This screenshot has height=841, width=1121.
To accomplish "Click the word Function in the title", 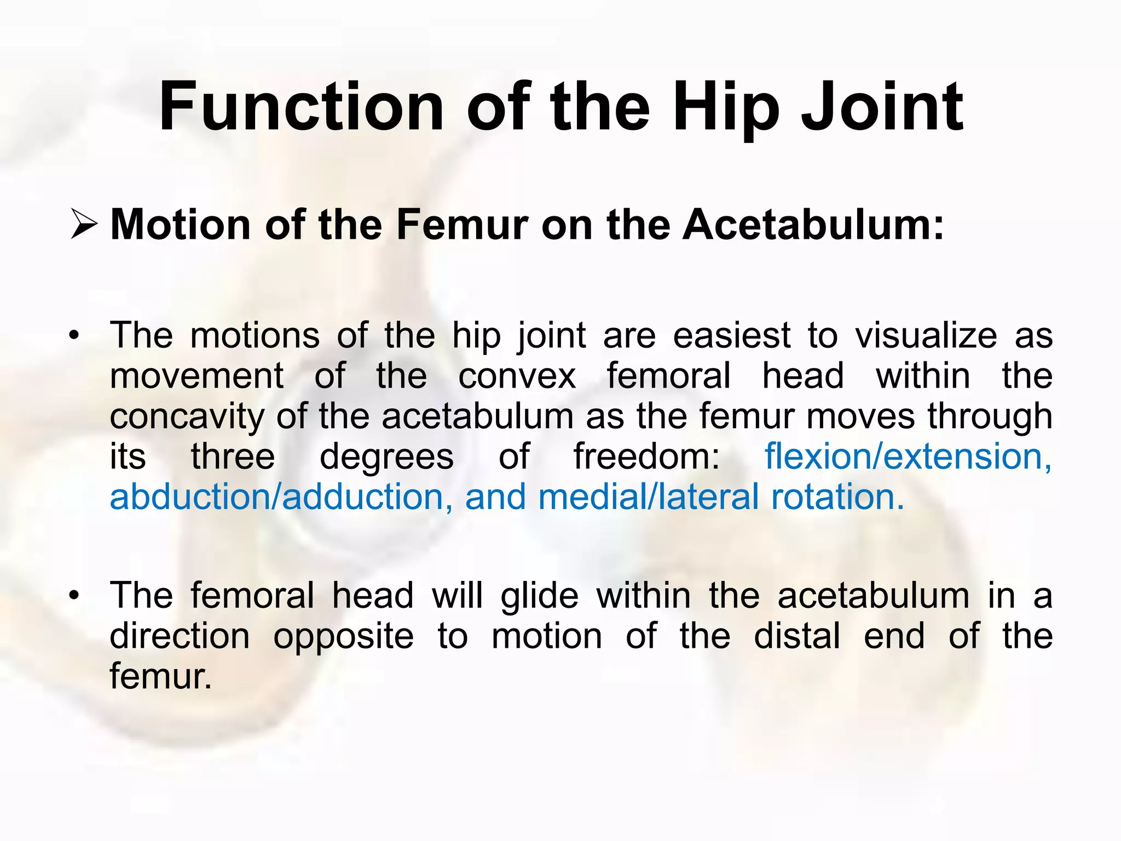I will pyautogui.click(x=301, y=107).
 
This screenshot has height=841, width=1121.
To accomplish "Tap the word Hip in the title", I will pyautogui.click(x=726, y=107).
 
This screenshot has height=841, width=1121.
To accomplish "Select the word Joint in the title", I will pyautogui.click(x=882, y=107).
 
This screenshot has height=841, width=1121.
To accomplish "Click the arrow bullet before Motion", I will pyautogui.click(x=84, y=226).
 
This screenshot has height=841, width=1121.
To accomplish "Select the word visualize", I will pyautogui.click(x=926, y=335).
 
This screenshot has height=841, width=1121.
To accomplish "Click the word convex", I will pyautogui.click(x=517, y=376).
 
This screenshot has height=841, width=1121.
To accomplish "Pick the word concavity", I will pyautogui.click(x=187, y=416).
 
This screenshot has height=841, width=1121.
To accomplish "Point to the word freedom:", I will pyautogui.click(x=646, y=457).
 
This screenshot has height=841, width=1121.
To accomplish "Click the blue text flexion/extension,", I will pyautogui.click(x=908, y=457).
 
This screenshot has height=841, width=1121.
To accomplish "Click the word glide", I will pyautogui.click(x=539, y=595).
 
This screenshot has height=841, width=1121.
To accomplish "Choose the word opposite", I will pyautogui.click(x=343, y=636).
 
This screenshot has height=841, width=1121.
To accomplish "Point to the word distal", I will pyautogui.click(x=796, y=636).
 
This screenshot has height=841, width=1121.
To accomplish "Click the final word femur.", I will pyautogui.click(x=160, y=676).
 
